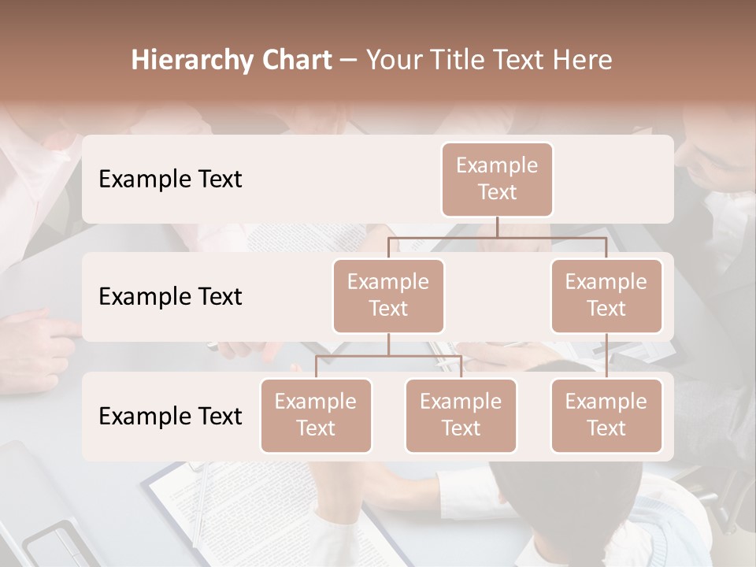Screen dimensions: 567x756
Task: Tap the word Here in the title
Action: tap(584, 61)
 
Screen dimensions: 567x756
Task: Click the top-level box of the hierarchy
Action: tap(497, 180)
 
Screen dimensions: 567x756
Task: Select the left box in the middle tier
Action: tap(388, 295)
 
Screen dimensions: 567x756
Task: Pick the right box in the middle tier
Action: tap(606, 295)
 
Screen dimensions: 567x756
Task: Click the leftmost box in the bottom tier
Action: tap(316, 415)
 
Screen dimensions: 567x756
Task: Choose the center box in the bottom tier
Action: tap(461, 415)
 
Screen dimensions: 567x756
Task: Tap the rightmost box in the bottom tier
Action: tap(606, 415)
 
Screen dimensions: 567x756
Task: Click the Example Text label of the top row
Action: tap(170, 180)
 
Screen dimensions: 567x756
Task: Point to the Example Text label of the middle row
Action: tap(170, 297)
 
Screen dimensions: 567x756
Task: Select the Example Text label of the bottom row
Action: tap(170, 417)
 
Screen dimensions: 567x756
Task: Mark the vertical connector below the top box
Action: tap(497, 227)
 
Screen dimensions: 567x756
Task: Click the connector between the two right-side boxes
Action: tap(606, 356)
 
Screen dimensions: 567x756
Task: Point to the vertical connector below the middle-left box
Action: tap(388, 344)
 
